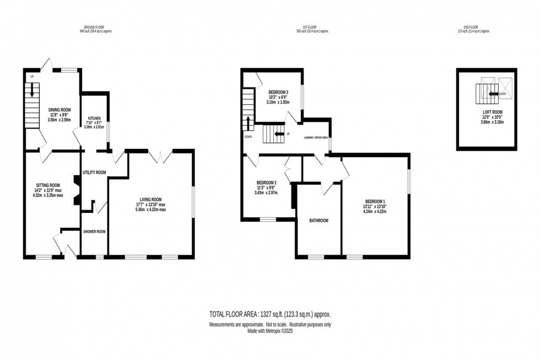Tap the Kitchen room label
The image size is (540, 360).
94,119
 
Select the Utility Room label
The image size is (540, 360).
94,173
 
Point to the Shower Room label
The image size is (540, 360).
94,232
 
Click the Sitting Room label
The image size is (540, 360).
47,185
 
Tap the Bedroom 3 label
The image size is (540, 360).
278,92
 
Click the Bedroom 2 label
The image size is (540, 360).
266,182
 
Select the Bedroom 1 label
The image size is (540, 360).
375,201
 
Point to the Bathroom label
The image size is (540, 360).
318,221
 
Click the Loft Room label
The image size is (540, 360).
487,112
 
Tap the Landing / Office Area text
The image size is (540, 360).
316,137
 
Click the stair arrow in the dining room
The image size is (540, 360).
31,89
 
